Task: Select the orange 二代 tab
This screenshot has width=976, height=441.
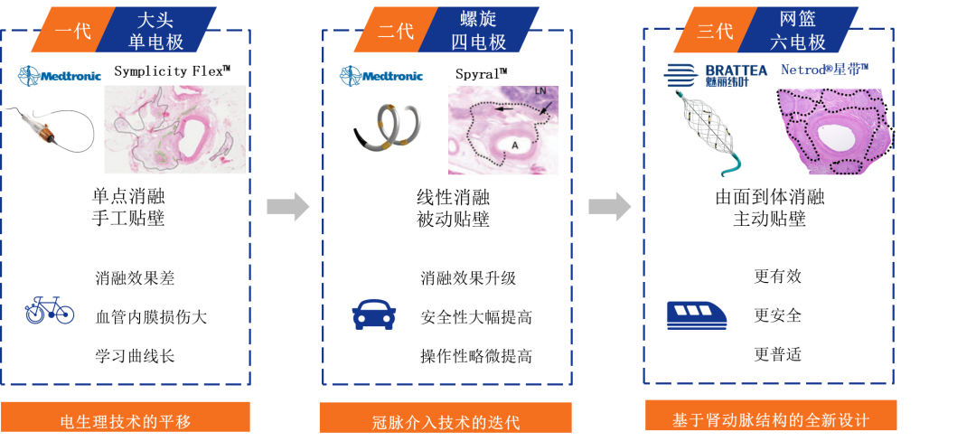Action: click(x=395, y=30)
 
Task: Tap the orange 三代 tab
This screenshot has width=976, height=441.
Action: click(x=715, y=30)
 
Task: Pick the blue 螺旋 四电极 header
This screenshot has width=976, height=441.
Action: click(x=479, y=29)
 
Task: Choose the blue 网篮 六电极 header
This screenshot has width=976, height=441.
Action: click(x=802, y=29)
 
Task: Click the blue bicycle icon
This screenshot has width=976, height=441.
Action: click(x=50, y=310)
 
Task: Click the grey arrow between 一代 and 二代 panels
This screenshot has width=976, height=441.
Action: click(x=287, y=207)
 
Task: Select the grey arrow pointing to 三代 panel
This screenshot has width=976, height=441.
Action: click(x=609, y=207)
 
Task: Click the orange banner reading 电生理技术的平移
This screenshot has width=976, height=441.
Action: click(x=126, y=419)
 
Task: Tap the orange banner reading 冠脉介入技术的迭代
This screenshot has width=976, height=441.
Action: click(x=446, y=420)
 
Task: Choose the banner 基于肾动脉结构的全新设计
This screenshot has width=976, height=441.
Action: click(x=771, y=418)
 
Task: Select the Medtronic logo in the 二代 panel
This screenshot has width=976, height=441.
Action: click(x=380, y=76)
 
